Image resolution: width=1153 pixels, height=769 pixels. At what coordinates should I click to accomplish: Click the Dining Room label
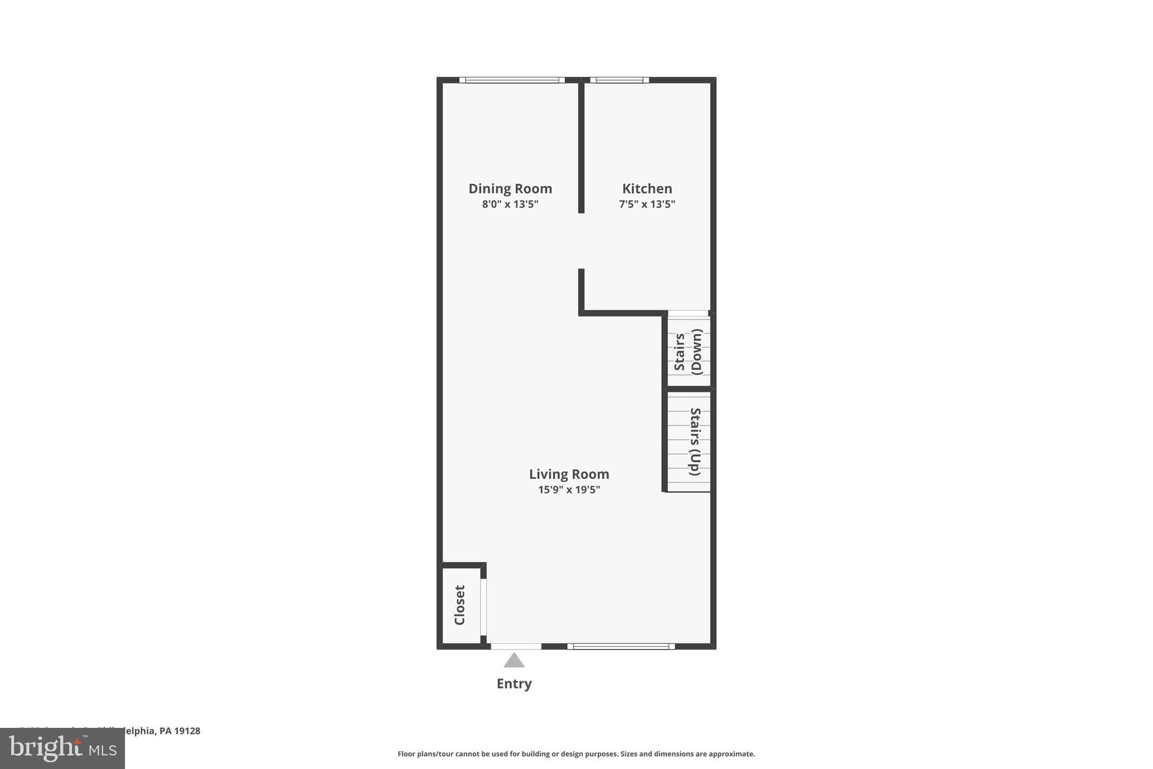(x=510, y=189)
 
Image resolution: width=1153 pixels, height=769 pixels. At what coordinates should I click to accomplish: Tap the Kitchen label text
(x=647, y=189)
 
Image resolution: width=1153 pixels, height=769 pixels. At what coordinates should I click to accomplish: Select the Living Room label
(x=569, y=474)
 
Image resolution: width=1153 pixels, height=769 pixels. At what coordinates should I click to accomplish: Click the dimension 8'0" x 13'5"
(x=510, y=204)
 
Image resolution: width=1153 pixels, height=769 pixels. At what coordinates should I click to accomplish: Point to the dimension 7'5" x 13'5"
(x=647, y=204)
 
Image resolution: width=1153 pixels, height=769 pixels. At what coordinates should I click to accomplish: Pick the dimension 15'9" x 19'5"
(x=569, y=490)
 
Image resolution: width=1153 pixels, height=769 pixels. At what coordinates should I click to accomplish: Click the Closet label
(x=460, y=605)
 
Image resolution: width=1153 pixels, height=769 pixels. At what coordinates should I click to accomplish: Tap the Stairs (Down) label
(x=688, y=352)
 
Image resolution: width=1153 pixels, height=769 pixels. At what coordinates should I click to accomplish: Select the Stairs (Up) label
(x=695, y=442)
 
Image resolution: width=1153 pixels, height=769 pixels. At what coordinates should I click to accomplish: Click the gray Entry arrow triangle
(x=513, y=661)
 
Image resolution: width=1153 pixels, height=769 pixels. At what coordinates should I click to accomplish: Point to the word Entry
(x=513, y=684)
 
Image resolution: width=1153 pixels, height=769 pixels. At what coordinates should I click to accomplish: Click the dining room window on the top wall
(x=512, y=80)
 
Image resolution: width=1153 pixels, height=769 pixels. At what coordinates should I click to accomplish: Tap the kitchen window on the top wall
(x=619, y=80)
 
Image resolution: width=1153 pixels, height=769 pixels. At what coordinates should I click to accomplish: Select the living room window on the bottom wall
(x=620, y=646)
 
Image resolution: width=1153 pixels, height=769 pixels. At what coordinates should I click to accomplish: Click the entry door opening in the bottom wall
(x=516, y=646)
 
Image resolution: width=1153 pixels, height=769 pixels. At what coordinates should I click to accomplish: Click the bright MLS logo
(x=62, y=749)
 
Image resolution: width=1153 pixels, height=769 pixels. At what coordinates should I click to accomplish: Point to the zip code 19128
(x=187, y=731)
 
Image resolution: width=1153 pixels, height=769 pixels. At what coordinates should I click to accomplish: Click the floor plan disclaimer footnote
(x=576, y=754)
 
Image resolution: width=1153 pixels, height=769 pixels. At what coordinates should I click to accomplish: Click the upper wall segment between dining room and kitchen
(x=581, y=146)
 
